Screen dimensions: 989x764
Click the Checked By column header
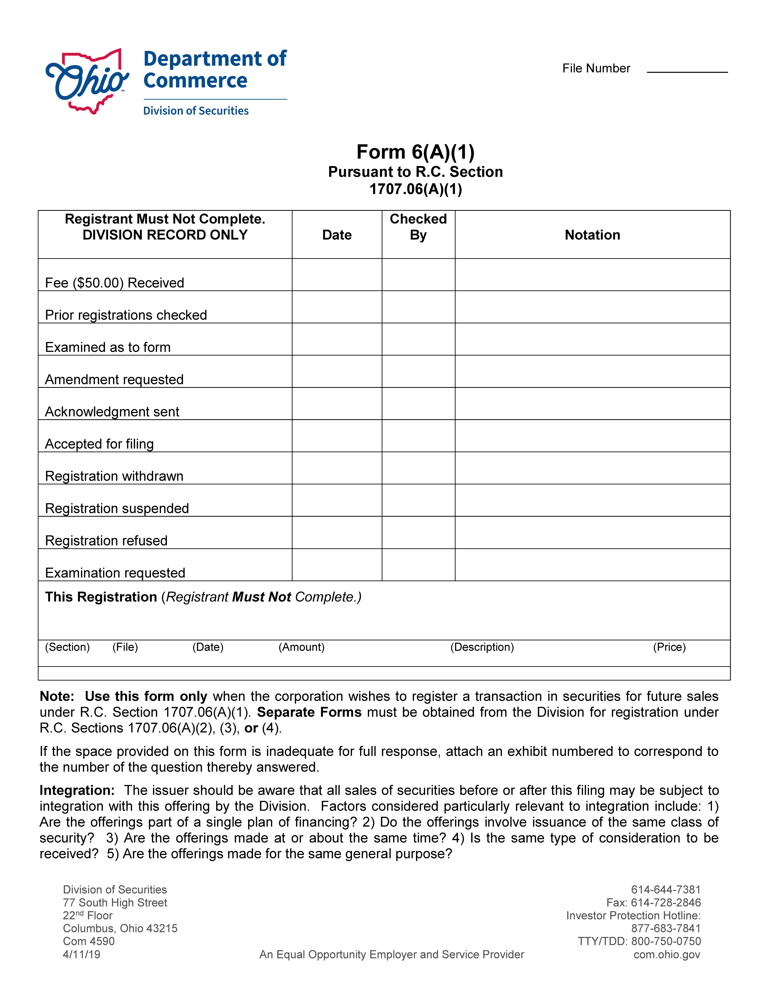click(418, 227)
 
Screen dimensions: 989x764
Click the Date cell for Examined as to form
click(337, 339)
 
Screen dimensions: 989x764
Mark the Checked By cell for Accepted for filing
click(418, 436)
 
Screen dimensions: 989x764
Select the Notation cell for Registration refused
click(592, 533)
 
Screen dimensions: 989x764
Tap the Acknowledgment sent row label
click(112, 412)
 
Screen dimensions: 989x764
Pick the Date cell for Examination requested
click(337, 565)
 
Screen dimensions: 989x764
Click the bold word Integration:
click(77, 790)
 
